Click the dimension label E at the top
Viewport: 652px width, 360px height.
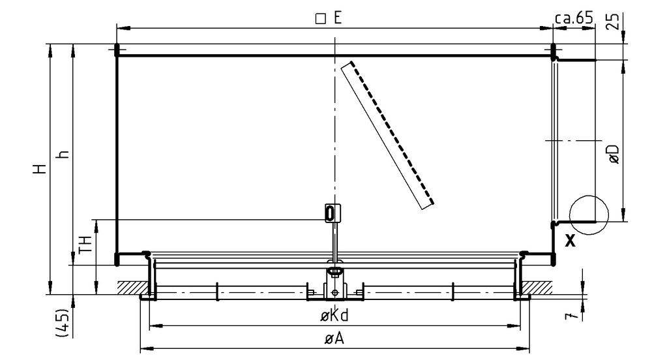(x=337, y=18)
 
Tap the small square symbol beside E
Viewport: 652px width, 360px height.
(x=321, y=19)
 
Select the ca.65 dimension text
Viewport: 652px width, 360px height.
(x=573, y=18)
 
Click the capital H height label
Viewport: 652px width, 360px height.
(x=40, y=168)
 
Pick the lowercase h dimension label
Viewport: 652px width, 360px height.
(x=63, y=154)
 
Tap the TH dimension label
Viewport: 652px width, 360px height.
(x=85, y=244)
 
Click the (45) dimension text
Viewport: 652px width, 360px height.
(x=62, y=323)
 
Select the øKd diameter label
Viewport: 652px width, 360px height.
(x=334, y=316)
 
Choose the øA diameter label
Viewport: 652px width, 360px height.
(x=334, y=338)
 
